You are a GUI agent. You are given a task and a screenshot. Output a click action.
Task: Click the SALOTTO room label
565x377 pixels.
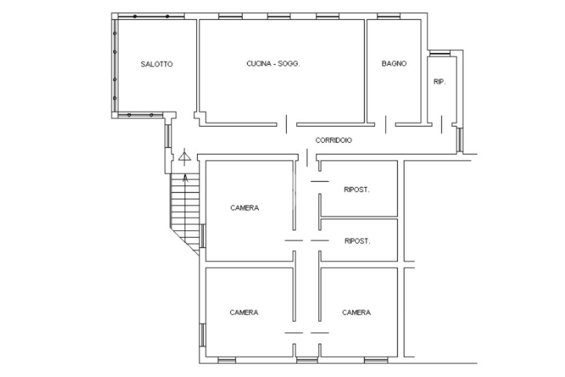pos(156,64)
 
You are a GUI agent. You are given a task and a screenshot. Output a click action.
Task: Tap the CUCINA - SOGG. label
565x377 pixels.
pos(273,63)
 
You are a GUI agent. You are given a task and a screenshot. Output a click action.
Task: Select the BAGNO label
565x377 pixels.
pos(394,63)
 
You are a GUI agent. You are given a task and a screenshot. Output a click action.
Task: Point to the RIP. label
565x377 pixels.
pos(439,82)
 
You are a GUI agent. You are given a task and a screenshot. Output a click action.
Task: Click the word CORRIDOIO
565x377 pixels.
pos(333,140)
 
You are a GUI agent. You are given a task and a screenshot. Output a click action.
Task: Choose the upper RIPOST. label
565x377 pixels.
pos(356,189)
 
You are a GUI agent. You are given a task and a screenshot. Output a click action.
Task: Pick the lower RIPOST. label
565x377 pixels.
pos(357,241)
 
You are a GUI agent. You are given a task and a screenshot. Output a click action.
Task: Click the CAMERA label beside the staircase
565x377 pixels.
pos(244,208)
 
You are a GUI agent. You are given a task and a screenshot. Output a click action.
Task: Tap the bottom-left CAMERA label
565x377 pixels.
pos(243,312)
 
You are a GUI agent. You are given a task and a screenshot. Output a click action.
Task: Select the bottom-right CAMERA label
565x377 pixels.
pos(356,312)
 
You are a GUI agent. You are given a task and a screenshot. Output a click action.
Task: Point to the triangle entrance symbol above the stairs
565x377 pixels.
pos(184,157)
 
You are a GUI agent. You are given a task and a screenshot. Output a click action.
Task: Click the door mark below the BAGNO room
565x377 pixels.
pos(386,124)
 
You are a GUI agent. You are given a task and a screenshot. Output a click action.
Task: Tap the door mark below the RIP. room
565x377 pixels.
pos(441,124)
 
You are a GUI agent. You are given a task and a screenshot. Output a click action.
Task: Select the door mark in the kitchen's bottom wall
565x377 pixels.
pos(286,124)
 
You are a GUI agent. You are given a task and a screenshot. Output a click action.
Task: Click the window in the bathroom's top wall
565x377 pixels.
pos(388,16)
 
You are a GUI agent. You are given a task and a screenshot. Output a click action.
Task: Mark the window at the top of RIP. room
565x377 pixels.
pos(440,53)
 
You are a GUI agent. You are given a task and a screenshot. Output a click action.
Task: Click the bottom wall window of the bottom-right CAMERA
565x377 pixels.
pos(375,360)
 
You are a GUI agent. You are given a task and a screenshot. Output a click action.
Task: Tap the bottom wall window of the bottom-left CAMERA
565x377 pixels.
pos(227,360)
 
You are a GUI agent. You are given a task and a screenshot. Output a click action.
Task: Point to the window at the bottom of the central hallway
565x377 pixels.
pos(307,360)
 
